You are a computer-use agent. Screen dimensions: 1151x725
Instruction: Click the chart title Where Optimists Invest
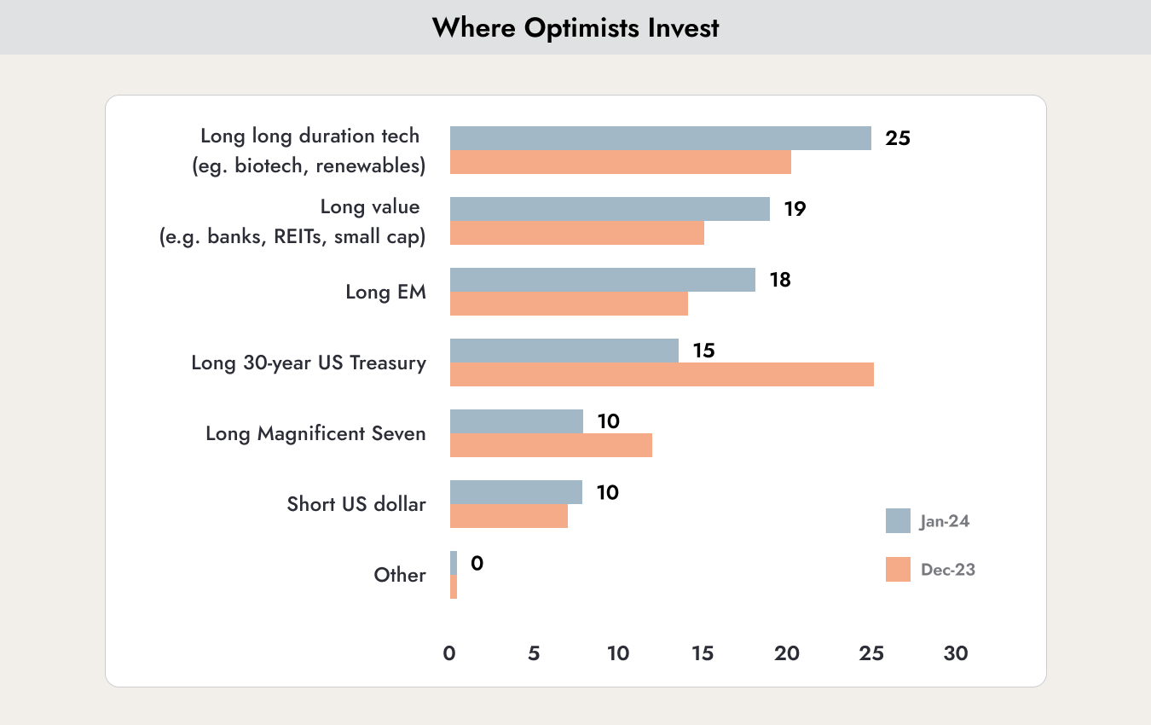click(575, 28)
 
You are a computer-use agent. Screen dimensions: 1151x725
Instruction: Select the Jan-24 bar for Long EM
click(603, 280)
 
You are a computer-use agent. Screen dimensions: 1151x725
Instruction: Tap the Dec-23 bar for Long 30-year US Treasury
click(662, 374)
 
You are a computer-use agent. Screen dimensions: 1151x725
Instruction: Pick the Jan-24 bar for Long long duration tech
click(661, 138)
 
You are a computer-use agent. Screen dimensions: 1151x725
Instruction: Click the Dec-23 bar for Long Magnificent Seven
click(551, 445)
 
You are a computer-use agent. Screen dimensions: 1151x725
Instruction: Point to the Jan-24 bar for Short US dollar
click(516, 492)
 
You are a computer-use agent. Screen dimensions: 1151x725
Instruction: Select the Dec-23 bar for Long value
click(577, 233)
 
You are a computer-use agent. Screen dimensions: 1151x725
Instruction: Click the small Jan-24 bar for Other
click(454, 563)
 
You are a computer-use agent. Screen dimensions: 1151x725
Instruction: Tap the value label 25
click(898, 138)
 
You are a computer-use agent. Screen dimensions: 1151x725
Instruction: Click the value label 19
click(795, 209)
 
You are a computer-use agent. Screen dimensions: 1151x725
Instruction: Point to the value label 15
click(704, 351)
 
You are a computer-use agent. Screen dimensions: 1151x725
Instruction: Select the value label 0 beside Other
click(477, 564)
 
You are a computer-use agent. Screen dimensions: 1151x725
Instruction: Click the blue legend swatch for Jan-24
click(898, 521)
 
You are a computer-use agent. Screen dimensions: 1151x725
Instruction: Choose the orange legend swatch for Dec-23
click(898, 569)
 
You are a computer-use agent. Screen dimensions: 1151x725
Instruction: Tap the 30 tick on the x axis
click(956, 653)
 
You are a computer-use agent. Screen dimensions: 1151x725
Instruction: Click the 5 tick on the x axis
click(534, 653)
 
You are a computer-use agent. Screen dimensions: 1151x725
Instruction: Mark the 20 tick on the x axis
click(787, 653)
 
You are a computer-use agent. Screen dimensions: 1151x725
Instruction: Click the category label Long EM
click(386, 292)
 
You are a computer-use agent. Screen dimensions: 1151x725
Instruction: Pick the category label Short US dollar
click(356, 504)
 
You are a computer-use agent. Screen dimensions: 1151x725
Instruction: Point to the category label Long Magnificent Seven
click(316, 434)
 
